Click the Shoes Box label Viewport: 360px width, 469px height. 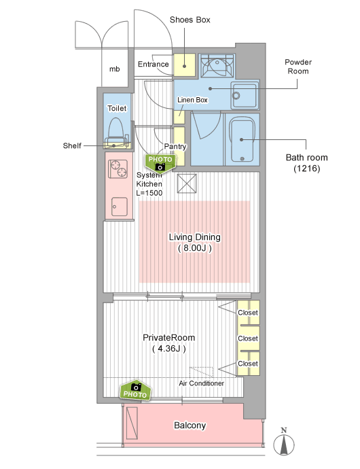pos(190,20)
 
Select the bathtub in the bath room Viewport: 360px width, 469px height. pos(242,139)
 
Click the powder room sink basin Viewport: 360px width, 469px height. pos(244,95)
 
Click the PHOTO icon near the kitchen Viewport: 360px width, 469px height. pos(160,162)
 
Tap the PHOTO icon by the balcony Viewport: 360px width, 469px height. pos(135,390)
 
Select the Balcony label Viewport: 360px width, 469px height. pos(190,425)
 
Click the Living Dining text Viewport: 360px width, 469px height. pos(195,237)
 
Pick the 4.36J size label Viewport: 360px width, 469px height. pos(169,349)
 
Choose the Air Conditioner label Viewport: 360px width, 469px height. pos(201,383)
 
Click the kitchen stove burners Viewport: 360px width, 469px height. pos(118,169)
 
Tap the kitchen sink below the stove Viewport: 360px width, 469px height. pos(120,207)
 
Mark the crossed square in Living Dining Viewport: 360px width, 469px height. pos(187,184)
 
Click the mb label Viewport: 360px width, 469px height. pos(115,69)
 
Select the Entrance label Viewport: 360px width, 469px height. pos(153,64)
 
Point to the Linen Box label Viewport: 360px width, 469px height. pos(192,100)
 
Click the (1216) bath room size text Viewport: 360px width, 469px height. pos(307,169)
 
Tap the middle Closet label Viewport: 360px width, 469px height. pos(248,338)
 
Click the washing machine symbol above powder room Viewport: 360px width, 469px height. pos(217,65)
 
